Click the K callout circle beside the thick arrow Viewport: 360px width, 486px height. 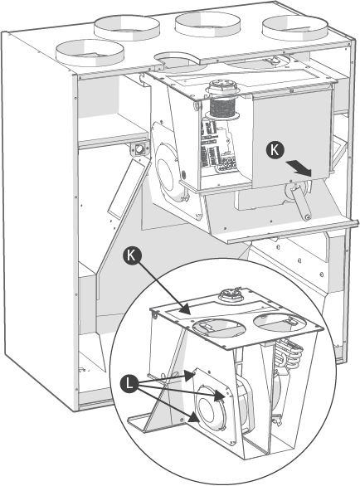point(275,150)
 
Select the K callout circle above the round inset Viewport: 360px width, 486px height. point(132,256)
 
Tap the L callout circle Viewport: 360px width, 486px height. point(129,384)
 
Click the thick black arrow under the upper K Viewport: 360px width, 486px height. point(299,168)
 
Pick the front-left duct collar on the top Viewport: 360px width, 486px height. point(90,53)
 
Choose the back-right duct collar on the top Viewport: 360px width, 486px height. point(294,28)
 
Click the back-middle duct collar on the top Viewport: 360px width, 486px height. point(207,24)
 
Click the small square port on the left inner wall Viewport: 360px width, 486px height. point(139,150)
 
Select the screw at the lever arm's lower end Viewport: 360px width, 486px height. point(307,217)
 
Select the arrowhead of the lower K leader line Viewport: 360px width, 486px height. point(185,309)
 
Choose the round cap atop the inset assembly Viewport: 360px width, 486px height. point(231,294)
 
